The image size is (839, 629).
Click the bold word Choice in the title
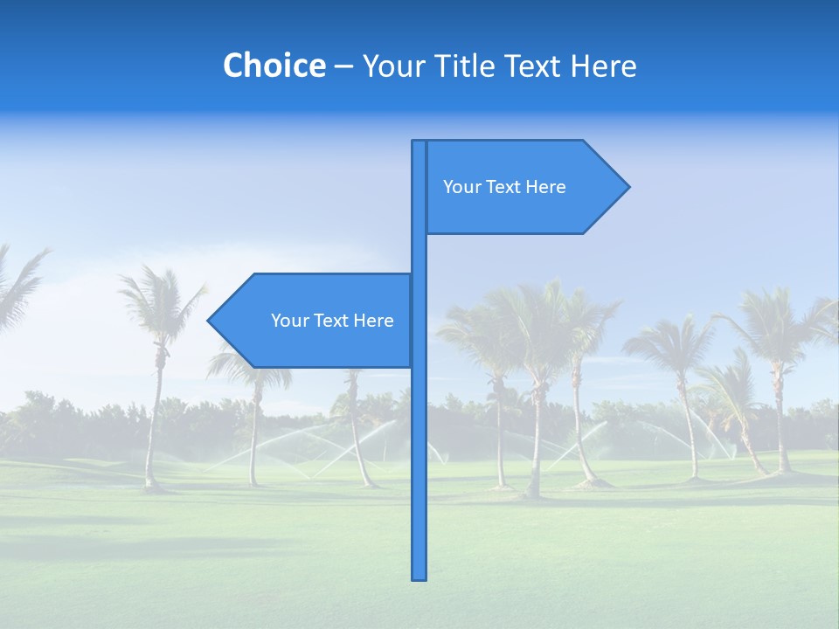(x=274, y=66)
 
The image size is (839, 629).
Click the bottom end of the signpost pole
(x=419, y=577)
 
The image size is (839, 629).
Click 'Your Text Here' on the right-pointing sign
(x=504, y=187)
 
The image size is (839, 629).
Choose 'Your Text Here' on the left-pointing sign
(x=332, y=321)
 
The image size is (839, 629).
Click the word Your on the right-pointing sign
(x=461, y=187)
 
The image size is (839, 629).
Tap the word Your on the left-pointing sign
(x=288, y=321)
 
